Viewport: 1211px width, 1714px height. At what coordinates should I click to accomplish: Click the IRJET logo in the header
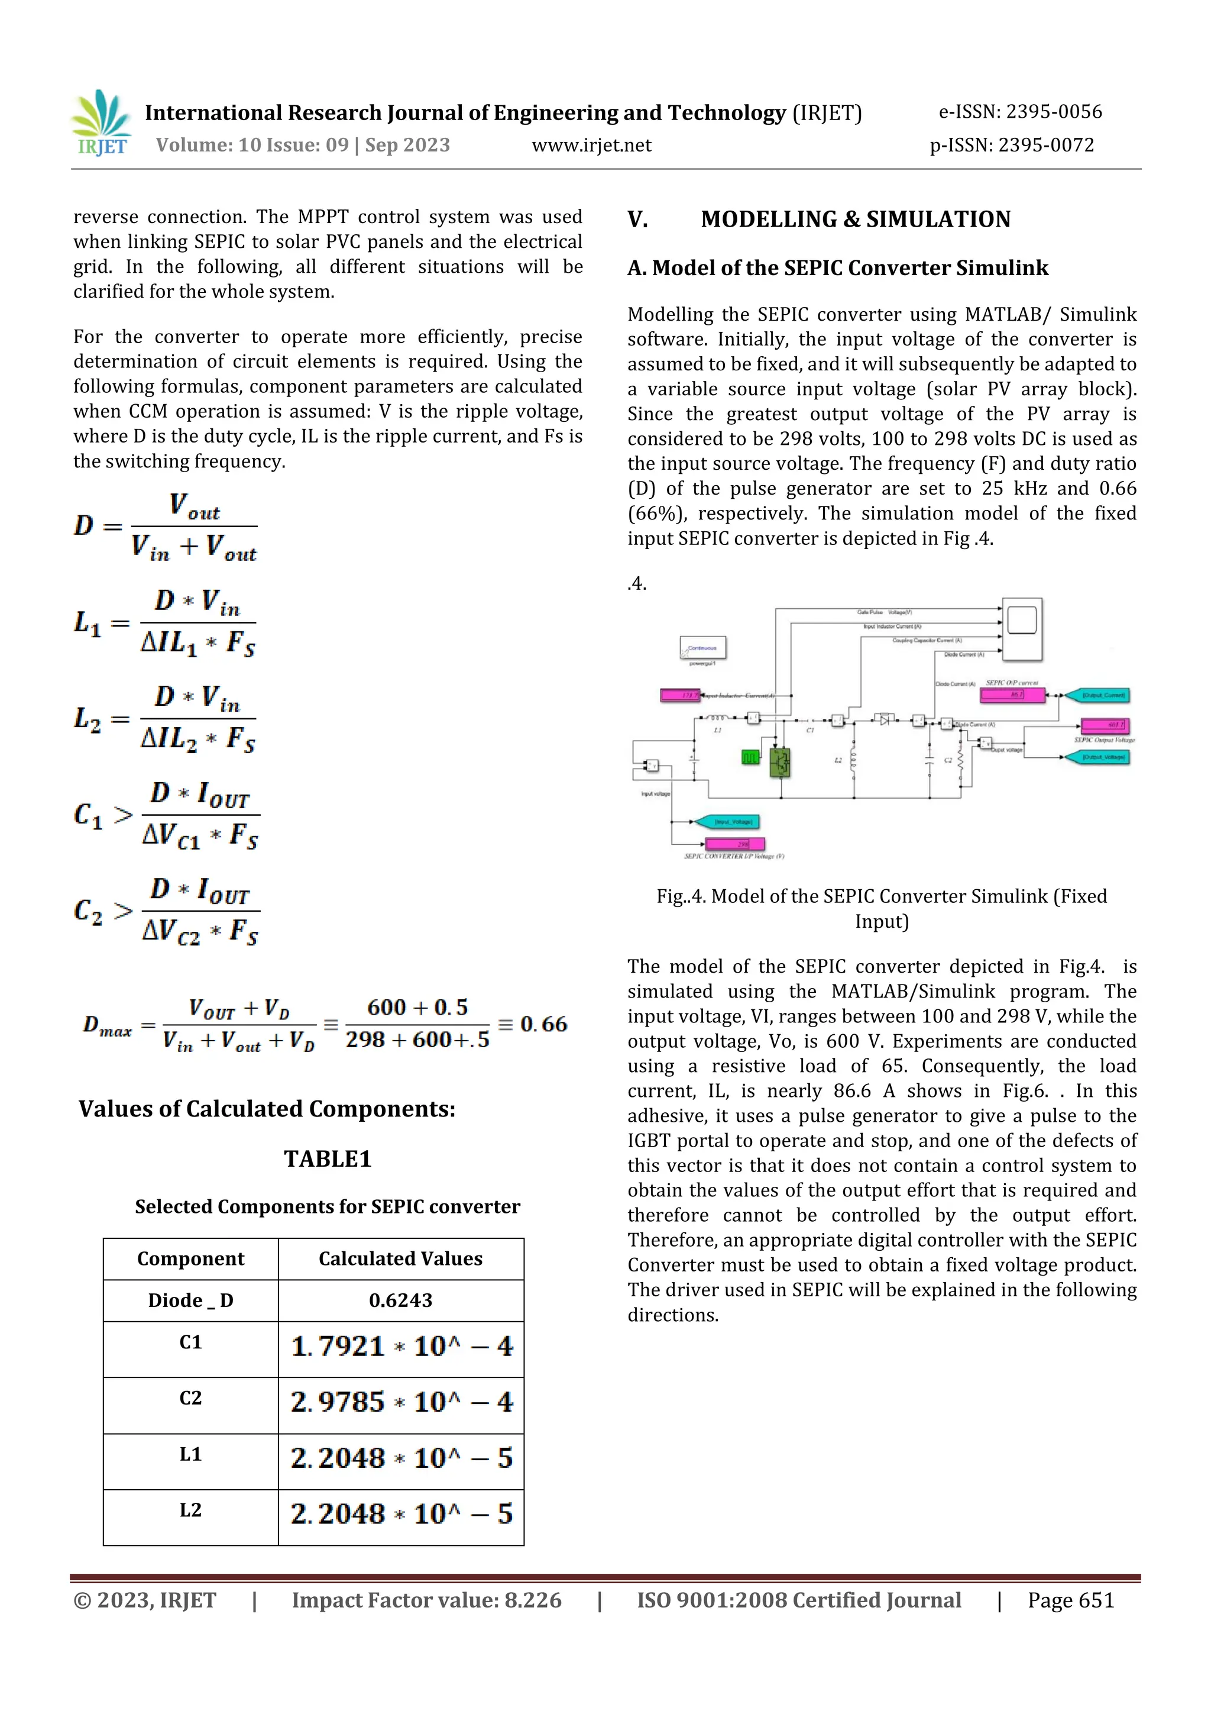pyautogui.click(x=102, y=123)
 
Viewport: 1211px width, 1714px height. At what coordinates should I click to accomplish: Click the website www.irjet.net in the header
pyautogui.click(x=591, y=145)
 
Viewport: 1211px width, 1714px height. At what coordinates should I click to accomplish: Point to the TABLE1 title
pyautogui.click(x=327, y=1158)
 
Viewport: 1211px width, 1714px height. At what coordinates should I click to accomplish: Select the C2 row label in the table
pyautogui.click(x=190, y=1397)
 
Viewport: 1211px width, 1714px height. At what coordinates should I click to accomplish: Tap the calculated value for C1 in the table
pyautogui.click(x=401, y=1347)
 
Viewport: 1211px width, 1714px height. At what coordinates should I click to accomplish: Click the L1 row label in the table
pyautogui.click(x=190, y=1454)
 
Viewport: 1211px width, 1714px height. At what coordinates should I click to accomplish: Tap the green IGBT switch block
pyautogui.click(x=780, y=762)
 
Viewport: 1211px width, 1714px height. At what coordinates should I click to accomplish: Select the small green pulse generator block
pyautogui.click(x=750, y=758)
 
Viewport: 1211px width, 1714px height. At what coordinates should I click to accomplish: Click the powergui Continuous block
pyautogui.click(x=702, y=648)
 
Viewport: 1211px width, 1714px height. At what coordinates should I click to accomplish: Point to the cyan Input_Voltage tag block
pyautogui.click(x=727, y=822)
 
